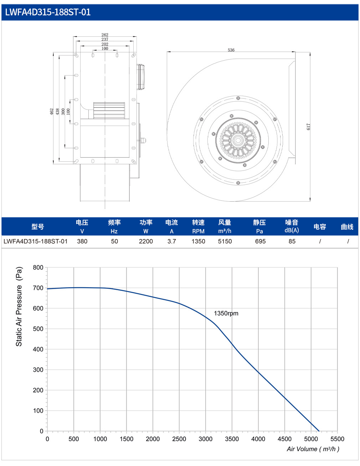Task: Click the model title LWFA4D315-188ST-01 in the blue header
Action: click(x=48, y=12)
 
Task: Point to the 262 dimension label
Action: click(x=105, y=35)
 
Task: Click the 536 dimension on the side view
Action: click(x=231, y=50)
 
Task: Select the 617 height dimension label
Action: click(x=308, y=127)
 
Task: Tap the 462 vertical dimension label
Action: click(x=52, y=112)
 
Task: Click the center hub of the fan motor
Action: click(x=238, y=141)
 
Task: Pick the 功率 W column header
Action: click(x=146, y=227)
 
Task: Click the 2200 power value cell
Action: click(x=146, y=241)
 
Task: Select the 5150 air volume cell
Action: click(x=225, y=241)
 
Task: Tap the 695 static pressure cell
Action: click(x=260, y=241)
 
